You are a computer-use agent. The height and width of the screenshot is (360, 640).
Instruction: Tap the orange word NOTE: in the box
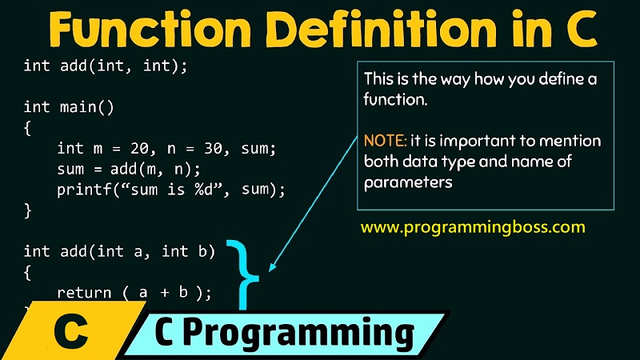pos(385,141)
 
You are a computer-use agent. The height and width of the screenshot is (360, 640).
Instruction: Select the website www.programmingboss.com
pos(473,226)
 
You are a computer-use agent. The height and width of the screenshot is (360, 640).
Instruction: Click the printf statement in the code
pos(170,190)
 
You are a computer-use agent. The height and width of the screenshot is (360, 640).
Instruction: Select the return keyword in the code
pos(82,293)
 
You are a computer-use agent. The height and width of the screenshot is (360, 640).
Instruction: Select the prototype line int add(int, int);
pos(106,66)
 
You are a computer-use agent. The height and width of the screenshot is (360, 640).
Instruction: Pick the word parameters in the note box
pos(408,182)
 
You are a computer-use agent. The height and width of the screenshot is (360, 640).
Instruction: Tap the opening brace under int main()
pos(27,127)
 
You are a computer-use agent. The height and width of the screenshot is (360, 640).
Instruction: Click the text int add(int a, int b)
pos(120,251)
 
